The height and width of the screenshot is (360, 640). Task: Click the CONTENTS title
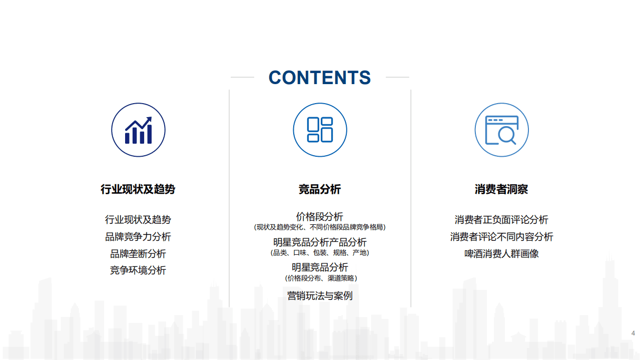point(320,78)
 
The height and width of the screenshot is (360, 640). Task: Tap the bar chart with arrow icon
point(138,130)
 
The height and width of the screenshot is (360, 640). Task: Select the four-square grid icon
point(320,130)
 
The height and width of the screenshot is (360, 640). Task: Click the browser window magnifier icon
point(501,130)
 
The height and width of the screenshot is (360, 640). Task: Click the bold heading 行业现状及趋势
point(138,189)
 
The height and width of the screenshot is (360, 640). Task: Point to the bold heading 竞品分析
point(320,189)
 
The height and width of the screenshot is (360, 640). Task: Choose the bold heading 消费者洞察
point(501,189)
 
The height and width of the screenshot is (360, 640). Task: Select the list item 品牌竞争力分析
point(138,237)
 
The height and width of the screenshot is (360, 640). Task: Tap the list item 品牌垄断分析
point(138,254)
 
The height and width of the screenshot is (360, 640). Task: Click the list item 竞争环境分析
point(138,270)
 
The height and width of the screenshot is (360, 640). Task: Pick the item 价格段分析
point(320,217)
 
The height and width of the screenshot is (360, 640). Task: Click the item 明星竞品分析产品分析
point(320,242)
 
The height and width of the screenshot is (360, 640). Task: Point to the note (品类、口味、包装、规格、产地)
point(320,253)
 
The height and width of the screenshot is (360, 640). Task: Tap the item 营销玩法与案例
point(320,295)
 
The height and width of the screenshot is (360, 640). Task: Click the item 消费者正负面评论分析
point(501,220)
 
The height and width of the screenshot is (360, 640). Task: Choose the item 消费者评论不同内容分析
point(501,237)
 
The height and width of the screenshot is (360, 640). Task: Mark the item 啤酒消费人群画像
point(501,254)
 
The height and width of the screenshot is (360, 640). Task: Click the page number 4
point(633,333)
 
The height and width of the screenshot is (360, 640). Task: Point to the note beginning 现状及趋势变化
point(320,227)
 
